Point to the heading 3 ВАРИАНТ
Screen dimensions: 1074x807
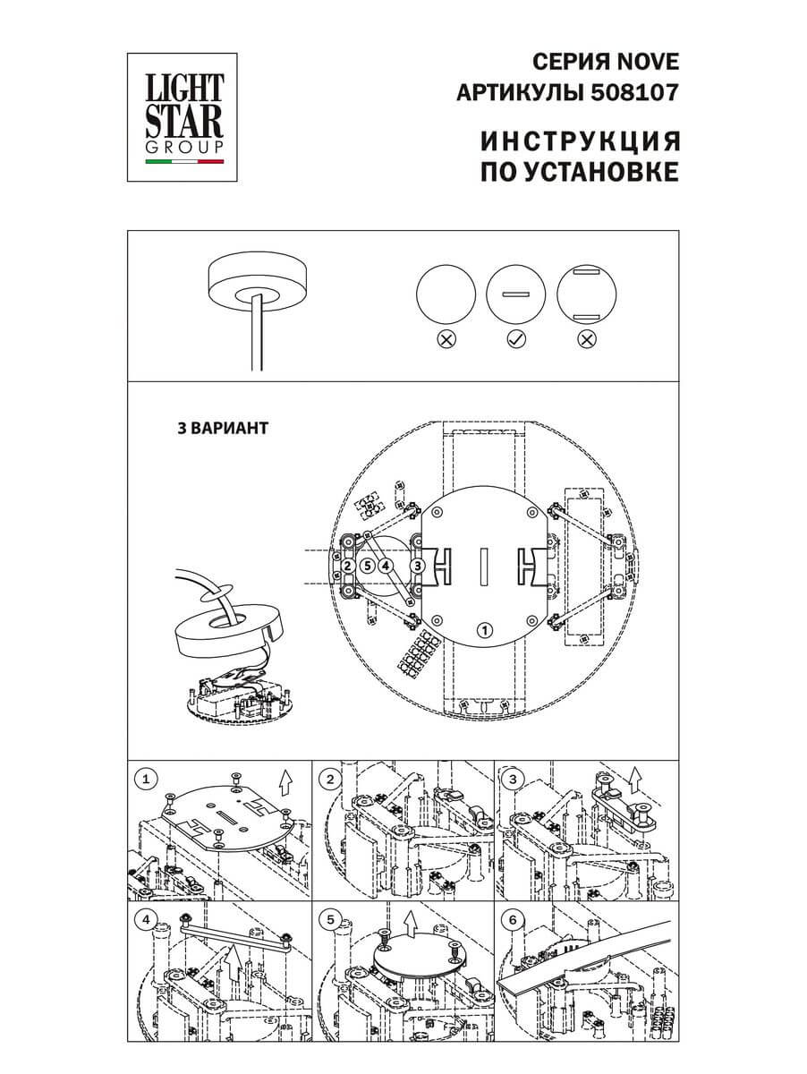point(223,427)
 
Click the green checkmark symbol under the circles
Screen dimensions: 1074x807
point(515,340)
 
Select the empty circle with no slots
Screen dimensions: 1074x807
point(446,294)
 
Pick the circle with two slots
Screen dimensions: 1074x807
point(587,294)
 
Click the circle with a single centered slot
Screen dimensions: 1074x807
point(515,294)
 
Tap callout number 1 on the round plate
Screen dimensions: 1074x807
point(484,629)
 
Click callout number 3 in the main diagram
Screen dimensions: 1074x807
point(417,566)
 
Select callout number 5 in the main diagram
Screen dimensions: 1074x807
point(367,566)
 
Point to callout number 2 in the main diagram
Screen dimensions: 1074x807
point(347,566)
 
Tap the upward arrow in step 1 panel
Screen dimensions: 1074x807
point(285,784)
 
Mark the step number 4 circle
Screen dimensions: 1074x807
point(145,919)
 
